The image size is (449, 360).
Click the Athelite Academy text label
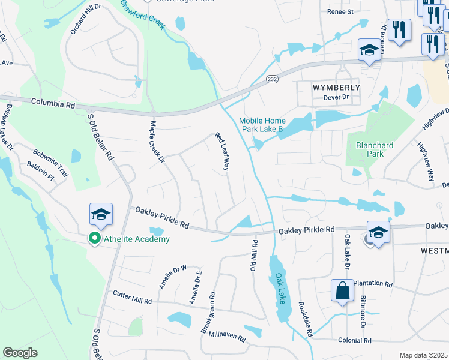coord(136,239)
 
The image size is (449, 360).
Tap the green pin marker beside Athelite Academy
coord(94,239)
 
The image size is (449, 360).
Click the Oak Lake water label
coord(280,289)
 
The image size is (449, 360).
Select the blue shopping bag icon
coord(342,292)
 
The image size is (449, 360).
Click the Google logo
coord(20,353)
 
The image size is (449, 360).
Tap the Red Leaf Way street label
coord(223,152)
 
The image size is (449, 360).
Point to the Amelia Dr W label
coord(173,277)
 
